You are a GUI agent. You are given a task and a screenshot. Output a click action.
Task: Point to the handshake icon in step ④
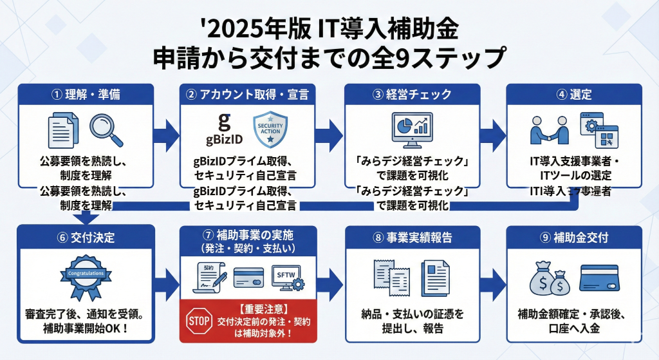[549, 131]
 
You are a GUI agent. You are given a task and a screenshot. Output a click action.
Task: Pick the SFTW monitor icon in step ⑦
[286, 278]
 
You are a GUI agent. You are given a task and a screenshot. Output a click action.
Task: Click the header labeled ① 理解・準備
[86, 95]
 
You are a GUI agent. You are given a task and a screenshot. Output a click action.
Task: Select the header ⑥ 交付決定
[86, 236]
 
